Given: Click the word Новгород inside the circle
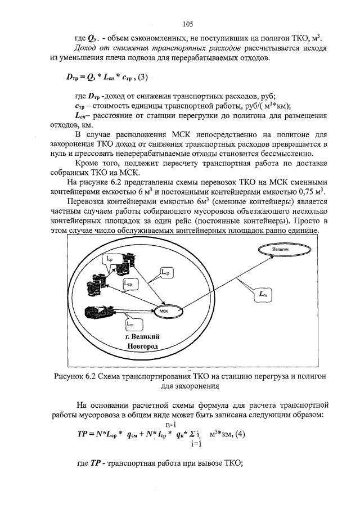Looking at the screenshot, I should point(143,346).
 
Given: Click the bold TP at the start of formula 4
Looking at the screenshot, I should point(81,434).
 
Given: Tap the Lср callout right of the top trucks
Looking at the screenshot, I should point(168,273).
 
